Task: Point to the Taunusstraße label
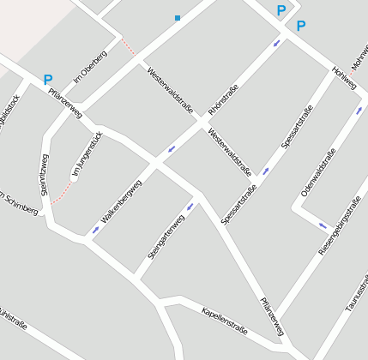357,291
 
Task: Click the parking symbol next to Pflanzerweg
48,80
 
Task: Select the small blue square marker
178,17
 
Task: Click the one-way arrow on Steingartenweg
190,206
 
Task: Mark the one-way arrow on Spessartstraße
266,171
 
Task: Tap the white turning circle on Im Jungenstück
74,177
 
